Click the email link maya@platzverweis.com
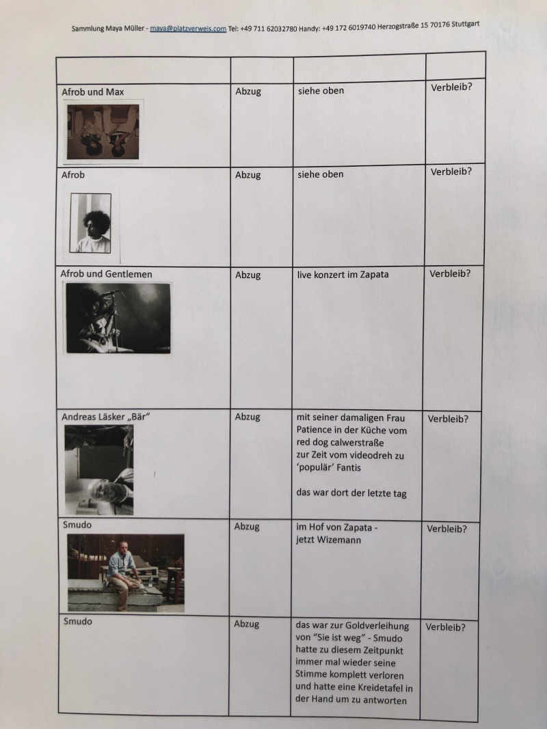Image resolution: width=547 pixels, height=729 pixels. point(188,29)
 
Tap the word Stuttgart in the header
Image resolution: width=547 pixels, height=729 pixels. point(465,24)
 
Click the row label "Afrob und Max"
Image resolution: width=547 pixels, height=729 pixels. point(93,92)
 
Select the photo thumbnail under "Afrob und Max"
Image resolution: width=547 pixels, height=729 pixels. point(103,132)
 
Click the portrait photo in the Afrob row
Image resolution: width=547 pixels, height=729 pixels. point(91,223)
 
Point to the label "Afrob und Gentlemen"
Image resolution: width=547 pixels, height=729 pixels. point(107,274)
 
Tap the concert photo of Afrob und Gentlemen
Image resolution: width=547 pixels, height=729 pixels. point(118,318)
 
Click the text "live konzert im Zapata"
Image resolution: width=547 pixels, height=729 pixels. point(343,274)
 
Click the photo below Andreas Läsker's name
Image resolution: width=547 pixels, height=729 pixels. point(99,470)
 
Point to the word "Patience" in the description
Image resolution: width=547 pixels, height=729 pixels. point(314,430)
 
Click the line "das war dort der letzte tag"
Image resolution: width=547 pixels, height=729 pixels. point(351,493)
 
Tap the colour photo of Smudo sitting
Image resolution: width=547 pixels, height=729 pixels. point(126,573)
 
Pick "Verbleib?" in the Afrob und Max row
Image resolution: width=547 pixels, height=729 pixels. point(451,87)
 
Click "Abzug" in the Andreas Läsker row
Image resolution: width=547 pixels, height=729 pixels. point(248,417)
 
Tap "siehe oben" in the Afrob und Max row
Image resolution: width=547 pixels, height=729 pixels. point(321,91)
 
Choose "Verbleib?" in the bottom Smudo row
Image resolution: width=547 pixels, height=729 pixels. point(445,627)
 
